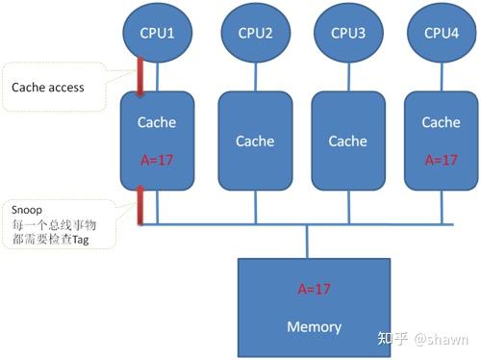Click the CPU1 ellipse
(157, 34)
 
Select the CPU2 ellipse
(255, 34)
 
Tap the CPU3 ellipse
(348, 34)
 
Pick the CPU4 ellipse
(441, 34)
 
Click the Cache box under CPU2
(255, 141)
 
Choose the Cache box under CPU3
(348, 141)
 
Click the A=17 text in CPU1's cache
(157, 159)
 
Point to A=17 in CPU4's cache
(441, 159)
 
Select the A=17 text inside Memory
(315, 288)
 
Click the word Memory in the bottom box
(315, 327)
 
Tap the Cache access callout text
(48, 88)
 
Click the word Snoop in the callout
(27, 209)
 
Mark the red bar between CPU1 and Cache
(140, 77)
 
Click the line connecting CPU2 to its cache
(255, 78)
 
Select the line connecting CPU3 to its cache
(348, 78)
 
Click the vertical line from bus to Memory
(307, 243)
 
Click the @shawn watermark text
(442, 339)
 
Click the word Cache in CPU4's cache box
(441, 122)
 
